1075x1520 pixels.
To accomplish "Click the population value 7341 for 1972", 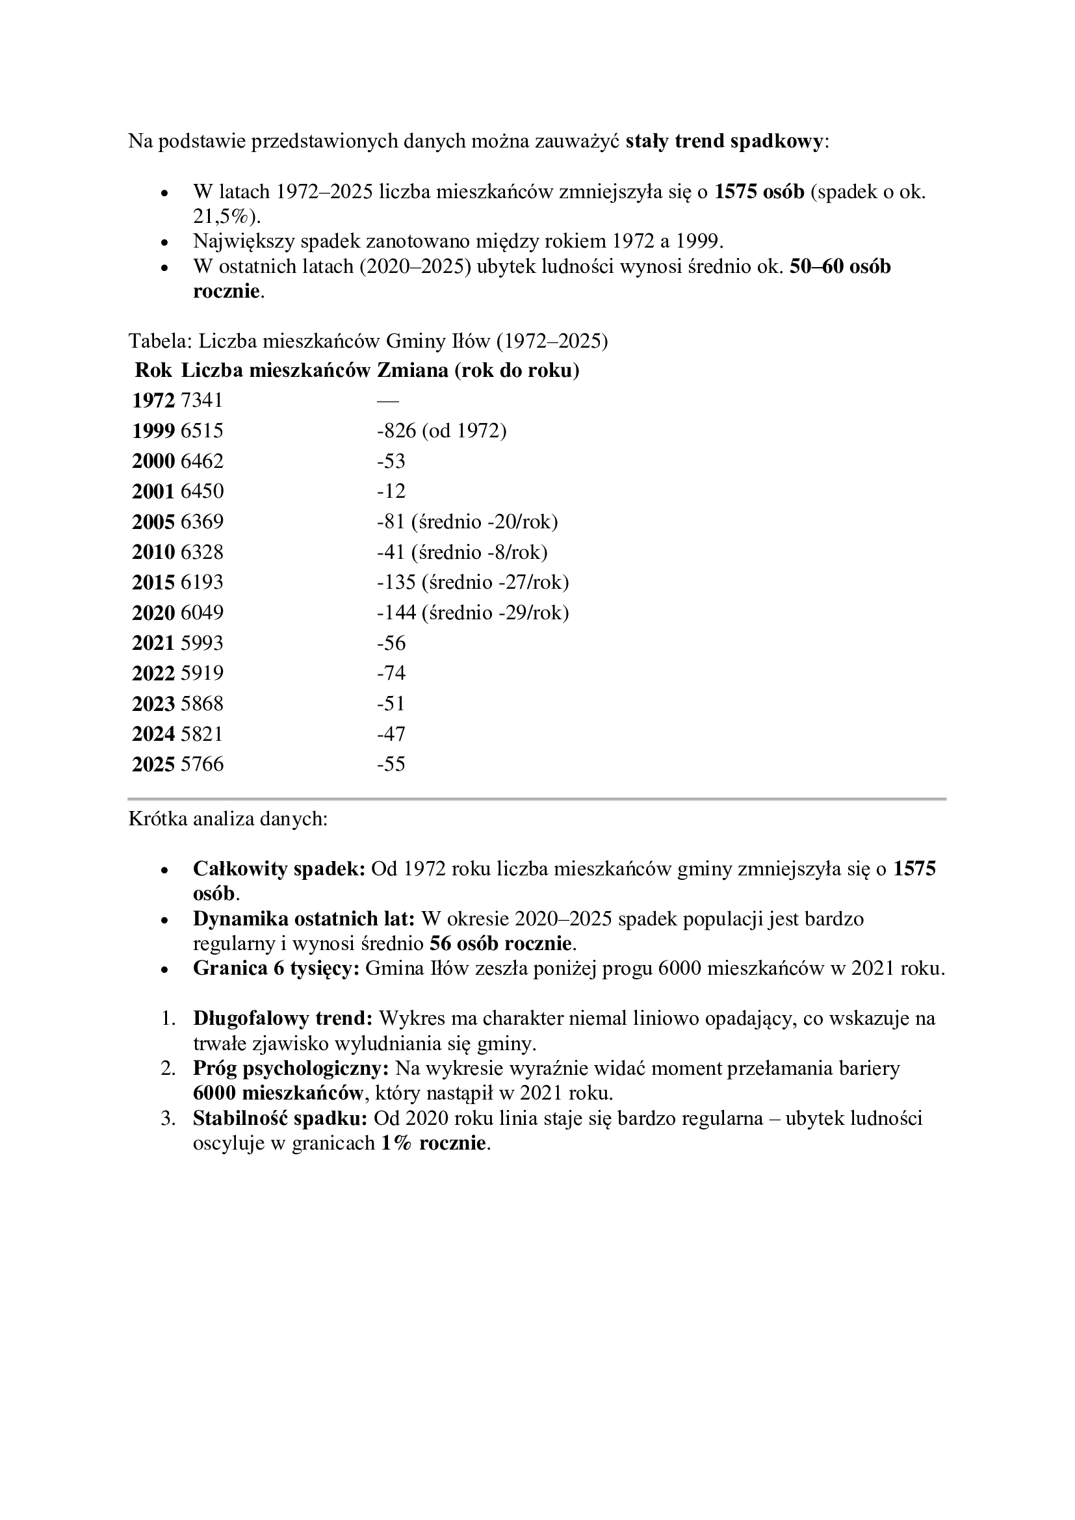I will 202,400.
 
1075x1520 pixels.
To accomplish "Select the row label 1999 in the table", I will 153,431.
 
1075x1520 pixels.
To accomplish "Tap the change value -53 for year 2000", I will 391,461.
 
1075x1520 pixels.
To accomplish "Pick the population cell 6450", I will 202,491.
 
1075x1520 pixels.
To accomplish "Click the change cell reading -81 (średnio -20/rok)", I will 467,522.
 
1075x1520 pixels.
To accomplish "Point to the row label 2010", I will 153,552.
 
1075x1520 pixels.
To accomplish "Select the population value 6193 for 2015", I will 202,582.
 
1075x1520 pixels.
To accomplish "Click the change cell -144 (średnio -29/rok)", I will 473,613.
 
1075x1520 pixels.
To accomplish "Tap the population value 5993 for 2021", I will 202,643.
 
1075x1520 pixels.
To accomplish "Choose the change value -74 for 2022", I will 391,673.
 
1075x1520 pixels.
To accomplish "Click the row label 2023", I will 153,704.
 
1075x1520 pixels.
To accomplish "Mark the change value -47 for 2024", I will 391,734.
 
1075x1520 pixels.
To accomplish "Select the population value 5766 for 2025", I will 202,765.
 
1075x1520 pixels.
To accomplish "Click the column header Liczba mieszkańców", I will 276,370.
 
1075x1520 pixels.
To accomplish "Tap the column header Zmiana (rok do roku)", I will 478,370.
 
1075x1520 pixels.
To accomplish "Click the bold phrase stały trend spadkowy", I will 724,141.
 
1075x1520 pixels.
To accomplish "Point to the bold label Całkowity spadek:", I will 279,869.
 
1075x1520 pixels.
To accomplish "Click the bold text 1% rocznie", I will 434,1143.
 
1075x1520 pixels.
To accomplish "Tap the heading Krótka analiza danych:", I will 227,819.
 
